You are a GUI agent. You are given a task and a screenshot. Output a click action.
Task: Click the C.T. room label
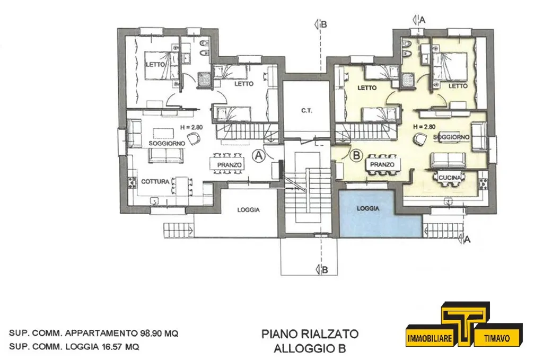tap(306, 111)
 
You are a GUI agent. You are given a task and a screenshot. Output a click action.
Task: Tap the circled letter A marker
tap(259, 156)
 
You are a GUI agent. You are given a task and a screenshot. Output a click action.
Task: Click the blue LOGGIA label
tap(368, 208)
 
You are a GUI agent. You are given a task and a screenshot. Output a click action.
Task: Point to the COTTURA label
tap(155, 181)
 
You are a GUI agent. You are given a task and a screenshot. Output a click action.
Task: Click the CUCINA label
tap(450, 178)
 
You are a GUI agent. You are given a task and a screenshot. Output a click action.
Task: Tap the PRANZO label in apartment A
tap(229, 165)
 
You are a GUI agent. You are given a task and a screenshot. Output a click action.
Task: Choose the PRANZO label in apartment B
tap(382, 164)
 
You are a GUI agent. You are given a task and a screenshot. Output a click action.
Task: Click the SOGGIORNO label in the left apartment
tap(167, 143)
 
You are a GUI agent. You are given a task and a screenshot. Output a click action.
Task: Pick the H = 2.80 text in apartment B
tap(424, 127)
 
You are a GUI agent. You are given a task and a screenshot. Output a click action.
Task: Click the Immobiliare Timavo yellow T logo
tap(465, 324)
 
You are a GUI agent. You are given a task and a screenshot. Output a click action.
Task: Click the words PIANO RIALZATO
tap(310, 333)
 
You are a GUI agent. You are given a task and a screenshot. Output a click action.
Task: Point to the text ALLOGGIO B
tap(310, 348)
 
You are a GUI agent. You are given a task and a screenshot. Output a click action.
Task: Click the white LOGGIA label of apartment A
tap(248, 210)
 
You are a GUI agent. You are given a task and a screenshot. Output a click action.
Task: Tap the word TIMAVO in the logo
tap(497, 338)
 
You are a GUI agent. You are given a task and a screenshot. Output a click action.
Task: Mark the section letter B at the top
tap(324, 24)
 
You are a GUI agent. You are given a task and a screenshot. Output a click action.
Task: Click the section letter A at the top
tap(422, 20)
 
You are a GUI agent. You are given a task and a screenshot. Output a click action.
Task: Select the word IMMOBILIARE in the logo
tap(430, 338)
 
